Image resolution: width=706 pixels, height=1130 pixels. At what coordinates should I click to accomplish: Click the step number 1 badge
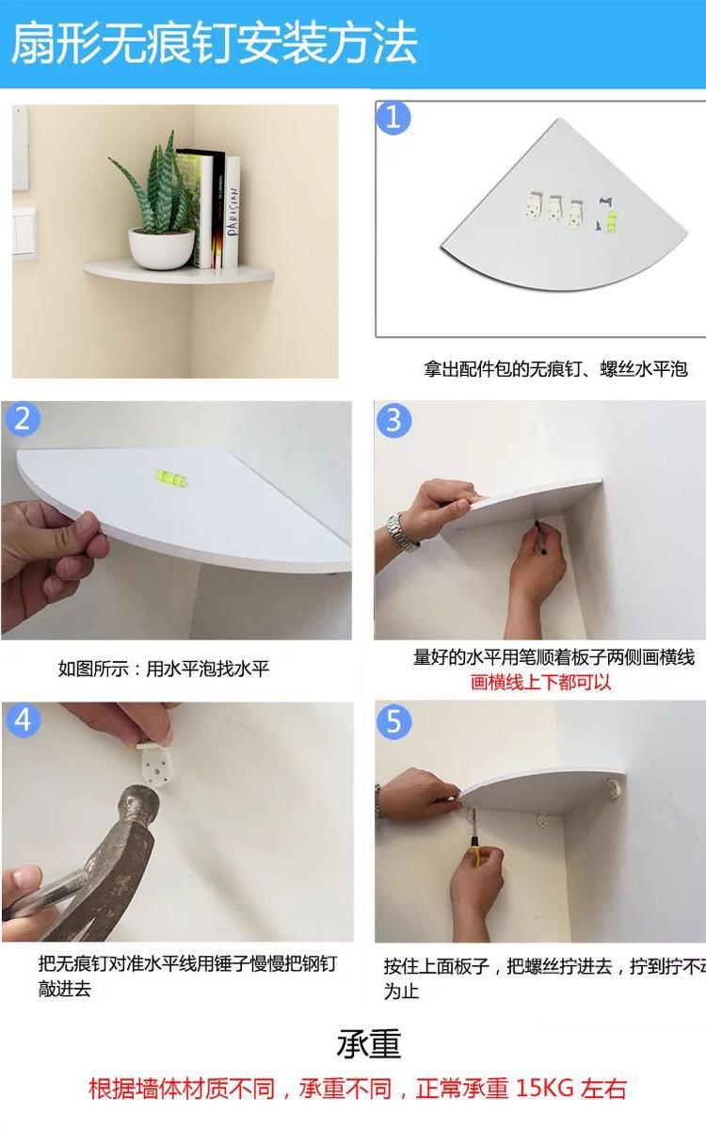[393, 118]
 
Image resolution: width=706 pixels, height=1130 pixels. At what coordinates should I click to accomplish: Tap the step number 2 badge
[23, 419]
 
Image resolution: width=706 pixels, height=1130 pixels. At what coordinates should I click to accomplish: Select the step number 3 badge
[393, 420]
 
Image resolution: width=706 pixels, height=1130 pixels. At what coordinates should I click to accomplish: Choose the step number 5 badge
[393, 722]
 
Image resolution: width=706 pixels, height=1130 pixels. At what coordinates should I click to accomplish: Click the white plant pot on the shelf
[161, 249]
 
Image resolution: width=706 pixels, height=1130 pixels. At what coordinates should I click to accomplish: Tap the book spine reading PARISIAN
[232, 212]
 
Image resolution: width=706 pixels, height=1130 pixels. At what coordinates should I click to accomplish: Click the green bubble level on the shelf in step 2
[171, 477]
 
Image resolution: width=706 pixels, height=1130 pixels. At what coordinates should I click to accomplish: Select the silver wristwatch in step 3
[401, 533]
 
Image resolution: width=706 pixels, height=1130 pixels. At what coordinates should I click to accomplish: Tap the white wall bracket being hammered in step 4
[153, 766]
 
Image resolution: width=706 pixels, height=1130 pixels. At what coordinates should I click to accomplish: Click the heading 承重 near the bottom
[369, 1043]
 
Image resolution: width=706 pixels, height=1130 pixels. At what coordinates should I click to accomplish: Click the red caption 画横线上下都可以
[540, 683]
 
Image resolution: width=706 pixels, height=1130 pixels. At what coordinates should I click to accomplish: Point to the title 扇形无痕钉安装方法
[215, 43]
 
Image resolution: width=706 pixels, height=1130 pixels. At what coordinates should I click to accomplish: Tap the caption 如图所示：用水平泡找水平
[164, 669]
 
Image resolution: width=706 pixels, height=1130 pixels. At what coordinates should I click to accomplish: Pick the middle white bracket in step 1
[554, 209]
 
